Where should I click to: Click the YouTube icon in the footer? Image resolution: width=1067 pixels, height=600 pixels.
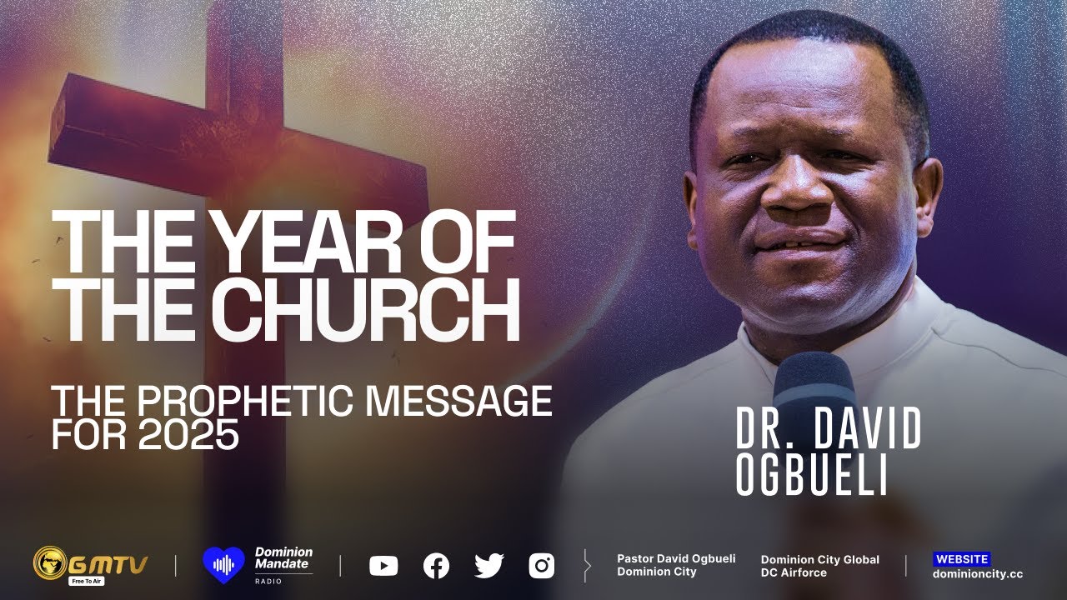tap(383, 567)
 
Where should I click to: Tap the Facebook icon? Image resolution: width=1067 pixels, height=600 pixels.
tap(436, 567)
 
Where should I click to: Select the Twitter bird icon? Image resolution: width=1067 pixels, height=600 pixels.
tap(488, 566)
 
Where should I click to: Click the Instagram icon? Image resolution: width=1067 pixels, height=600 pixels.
tap(541, 567)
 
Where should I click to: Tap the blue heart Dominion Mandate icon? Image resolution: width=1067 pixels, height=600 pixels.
tap(223, 565)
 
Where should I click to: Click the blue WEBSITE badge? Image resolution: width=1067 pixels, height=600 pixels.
tap(961, 559)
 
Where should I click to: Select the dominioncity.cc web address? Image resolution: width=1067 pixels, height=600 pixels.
tap(977, 573)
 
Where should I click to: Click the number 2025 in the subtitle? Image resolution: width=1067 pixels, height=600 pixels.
tap(189, 436)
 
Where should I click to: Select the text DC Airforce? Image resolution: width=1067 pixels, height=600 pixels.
tap(794, 572)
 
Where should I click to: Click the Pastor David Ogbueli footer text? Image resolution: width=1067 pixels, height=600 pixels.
tap(676, 559)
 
